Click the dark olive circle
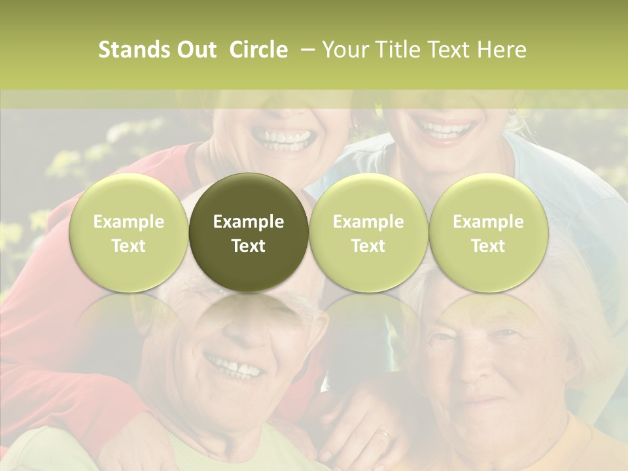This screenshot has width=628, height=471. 249,233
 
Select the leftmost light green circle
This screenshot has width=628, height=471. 128,233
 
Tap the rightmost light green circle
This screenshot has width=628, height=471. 488,233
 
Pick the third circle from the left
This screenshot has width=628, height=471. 368,233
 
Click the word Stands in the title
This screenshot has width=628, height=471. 131,50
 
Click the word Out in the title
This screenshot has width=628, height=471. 194,50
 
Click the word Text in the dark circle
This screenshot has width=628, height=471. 249,246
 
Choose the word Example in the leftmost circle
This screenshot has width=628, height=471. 128,222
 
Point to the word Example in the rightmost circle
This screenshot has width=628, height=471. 488,222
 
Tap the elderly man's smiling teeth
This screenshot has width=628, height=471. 234,368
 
